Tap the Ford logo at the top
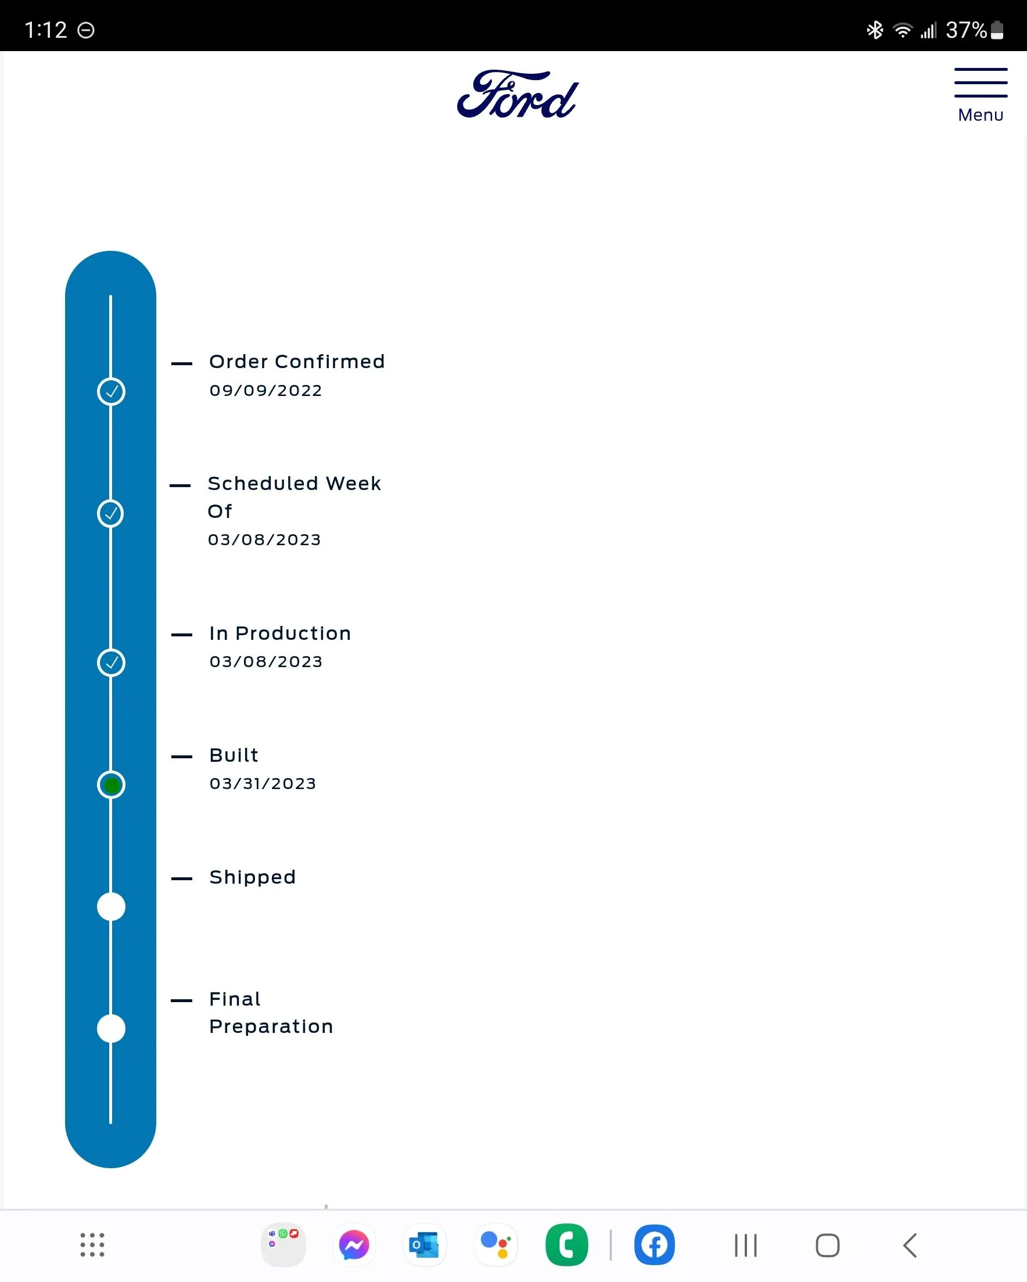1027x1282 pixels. [517, 95]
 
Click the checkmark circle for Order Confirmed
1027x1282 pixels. [112, 391]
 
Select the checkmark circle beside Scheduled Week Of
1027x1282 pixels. [111, 513]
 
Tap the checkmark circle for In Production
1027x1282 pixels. [112, 662]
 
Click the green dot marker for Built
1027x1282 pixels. [112, 785]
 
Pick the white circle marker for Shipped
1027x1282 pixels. [112, 906]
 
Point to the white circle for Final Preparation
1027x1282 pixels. [112, 1028]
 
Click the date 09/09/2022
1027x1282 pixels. [266, 391]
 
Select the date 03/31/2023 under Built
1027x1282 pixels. [263, 784]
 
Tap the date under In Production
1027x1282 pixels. [266, 662]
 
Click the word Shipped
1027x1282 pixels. [252, 878]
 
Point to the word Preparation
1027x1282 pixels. [271, 1027]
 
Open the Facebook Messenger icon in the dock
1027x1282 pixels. [354, 1244]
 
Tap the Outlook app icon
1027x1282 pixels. [425, 1244]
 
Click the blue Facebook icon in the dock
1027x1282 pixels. [655, 1244]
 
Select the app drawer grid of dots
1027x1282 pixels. [93, 1244]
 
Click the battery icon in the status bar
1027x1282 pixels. [997, 30]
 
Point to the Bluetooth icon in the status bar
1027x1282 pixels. [875, 30]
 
